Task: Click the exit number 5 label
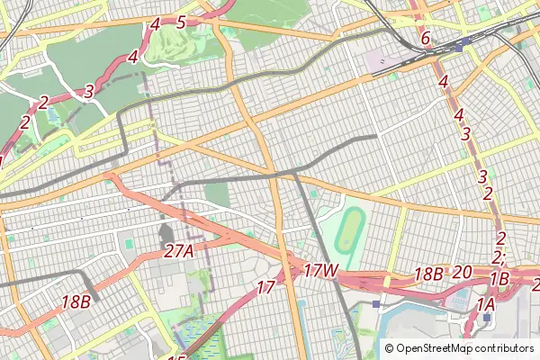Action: [x=181, y=22]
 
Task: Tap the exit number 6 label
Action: [x=426, y=39]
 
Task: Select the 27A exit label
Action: [x=179, y=252]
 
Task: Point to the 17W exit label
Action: [x=320, y=270]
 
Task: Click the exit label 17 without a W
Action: [x=265, y=288]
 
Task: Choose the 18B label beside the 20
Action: [x=428, y=274]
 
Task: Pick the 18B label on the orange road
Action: [x=76, y=301]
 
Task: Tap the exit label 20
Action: [x=463, y=273]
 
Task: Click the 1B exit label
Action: [x=500, y=279]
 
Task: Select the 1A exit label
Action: [x=486, y=305]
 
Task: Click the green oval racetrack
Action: [x=348, y=231]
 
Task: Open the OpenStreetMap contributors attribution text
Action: [x=464, y=348]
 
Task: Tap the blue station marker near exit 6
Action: [x=462, y=46]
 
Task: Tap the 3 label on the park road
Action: [x=88, y=91]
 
